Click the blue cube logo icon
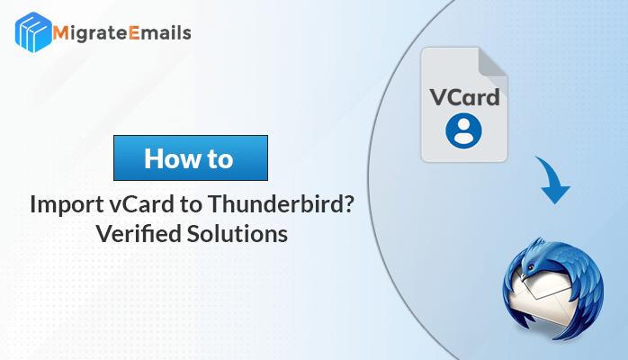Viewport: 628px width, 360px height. [x=33, y=32]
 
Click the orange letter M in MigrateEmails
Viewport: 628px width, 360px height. [x=60, y=32]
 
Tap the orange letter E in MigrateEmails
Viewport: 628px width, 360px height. [x=134, y=32]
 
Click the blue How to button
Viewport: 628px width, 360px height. [x=191, y=157]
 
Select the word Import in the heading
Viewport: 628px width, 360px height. [x=67, y=205]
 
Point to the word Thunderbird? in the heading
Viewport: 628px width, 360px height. [x=281, y=203]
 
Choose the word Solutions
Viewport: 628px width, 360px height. [x=238, y=233]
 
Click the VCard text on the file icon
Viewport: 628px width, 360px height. [x=464, y=97]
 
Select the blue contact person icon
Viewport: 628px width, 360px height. [x=463, y=130]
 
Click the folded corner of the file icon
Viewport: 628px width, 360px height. [x=493, y=62]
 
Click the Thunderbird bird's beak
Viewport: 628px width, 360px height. [x=524, y=275]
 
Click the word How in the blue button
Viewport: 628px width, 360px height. [x=173, y=158]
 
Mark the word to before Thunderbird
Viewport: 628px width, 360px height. [x=191, y=204]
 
